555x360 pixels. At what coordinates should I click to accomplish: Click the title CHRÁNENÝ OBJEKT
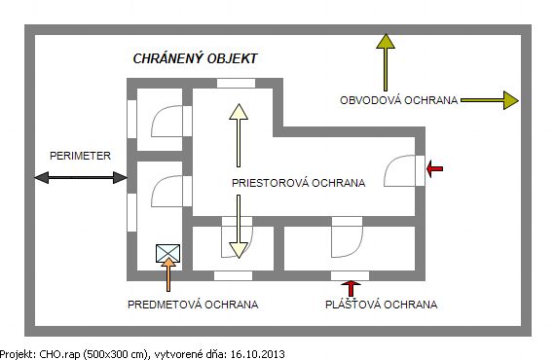tap(195, 58)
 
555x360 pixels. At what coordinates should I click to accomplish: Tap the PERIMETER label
tap(80, 156)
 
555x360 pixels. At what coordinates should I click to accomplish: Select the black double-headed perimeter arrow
tap(81, 177)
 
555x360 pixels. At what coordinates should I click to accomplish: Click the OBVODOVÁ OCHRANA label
tap(399, 100)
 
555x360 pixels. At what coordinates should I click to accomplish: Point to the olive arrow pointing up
tap(386, 62)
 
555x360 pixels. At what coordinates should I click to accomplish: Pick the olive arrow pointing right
tap(490, 100)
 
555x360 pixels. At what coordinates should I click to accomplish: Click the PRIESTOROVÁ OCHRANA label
tap(298, 183)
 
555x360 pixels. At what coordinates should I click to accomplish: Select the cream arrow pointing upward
tap(239, 135)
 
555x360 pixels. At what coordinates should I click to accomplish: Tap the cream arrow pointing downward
tap(239, 227)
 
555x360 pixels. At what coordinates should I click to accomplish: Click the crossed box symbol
tap(167, 253)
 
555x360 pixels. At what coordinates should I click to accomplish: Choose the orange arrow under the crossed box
tap(168, 274)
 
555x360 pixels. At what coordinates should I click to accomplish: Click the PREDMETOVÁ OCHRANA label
tap(193, 305)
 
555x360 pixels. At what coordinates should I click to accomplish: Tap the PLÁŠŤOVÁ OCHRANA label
tap(382, 305)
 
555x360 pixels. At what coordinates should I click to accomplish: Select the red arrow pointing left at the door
tap(434, 168)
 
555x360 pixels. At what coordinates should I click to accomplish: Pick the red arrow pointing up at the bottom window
tap(351, 289)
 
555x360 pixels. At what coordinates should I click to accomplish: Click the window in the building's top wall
tap(236, 84)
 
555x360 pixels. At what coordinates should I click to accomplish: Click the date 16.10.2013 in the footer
tap(257, 354)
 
